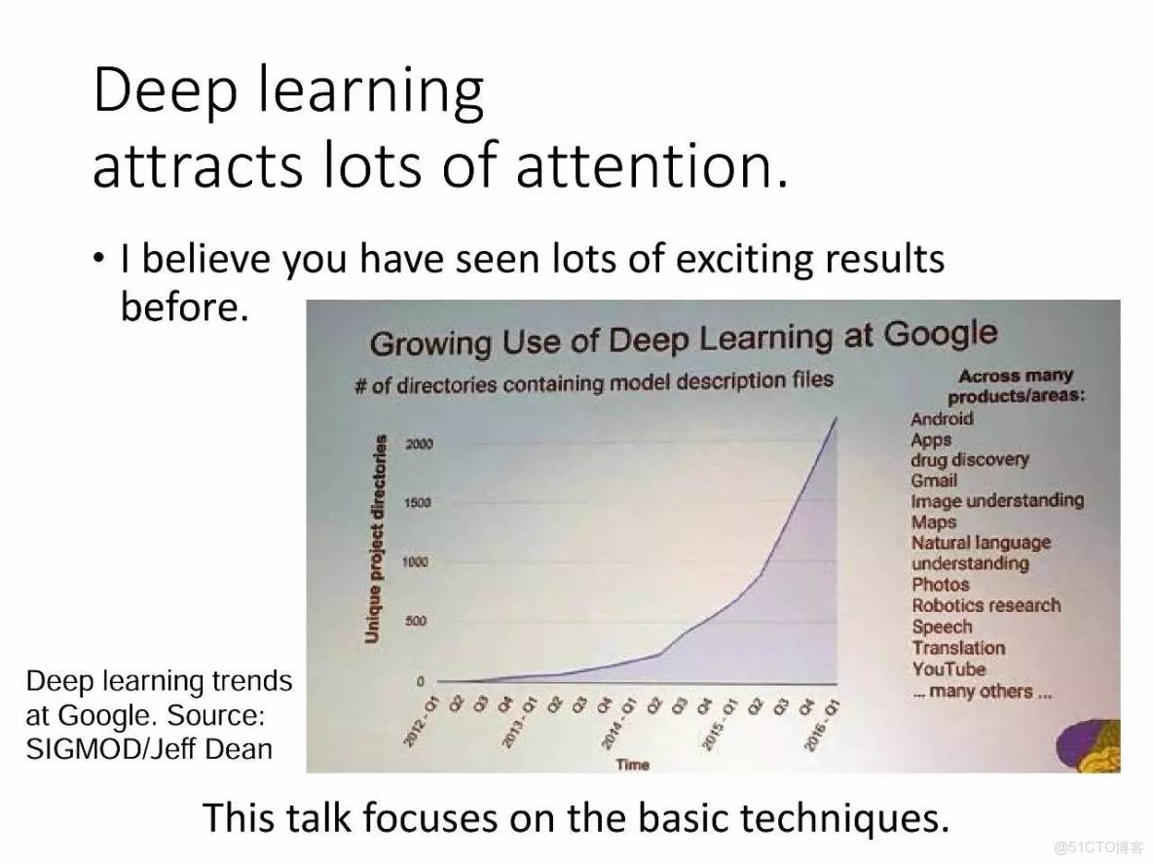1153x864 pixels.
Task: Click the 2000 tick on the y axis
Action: tap(419, 444)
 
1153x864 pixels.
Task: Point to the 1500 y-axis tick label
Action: tap(418, 503)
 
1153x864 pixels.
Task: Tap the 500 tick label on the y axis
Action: tap(416, 622)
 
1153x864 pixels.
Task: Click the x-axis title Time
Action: tap(633, 765)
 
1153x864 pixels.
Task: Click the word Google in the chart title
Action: tap(941, 335)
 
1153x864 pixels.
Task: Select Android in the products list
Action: tap(942, 418)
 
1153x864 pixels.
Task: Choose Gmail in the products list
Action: tap(934, 481)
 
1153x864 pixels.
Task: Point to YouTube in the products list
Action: tap(948, 669)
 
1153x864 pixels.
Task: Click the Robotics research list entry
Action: tap(986, 605)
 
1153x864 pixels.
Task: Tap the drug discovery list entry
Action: tap(970, 460)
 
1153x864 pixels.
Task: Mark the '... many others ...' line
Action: tap(983, 692)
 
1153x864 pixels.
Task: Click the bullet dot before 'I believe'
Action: tap(98, 259)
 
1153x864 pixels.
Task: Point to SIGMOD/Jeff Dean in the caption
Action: tap(149, 748)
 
